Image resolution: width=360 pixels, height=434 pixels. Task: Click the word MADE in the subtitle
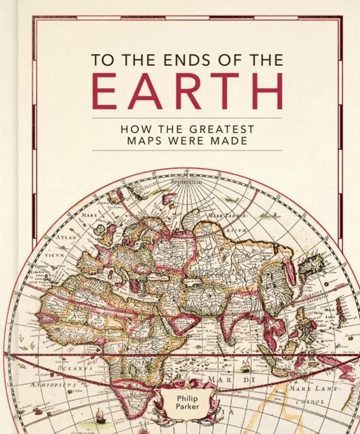pos(254,141)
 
